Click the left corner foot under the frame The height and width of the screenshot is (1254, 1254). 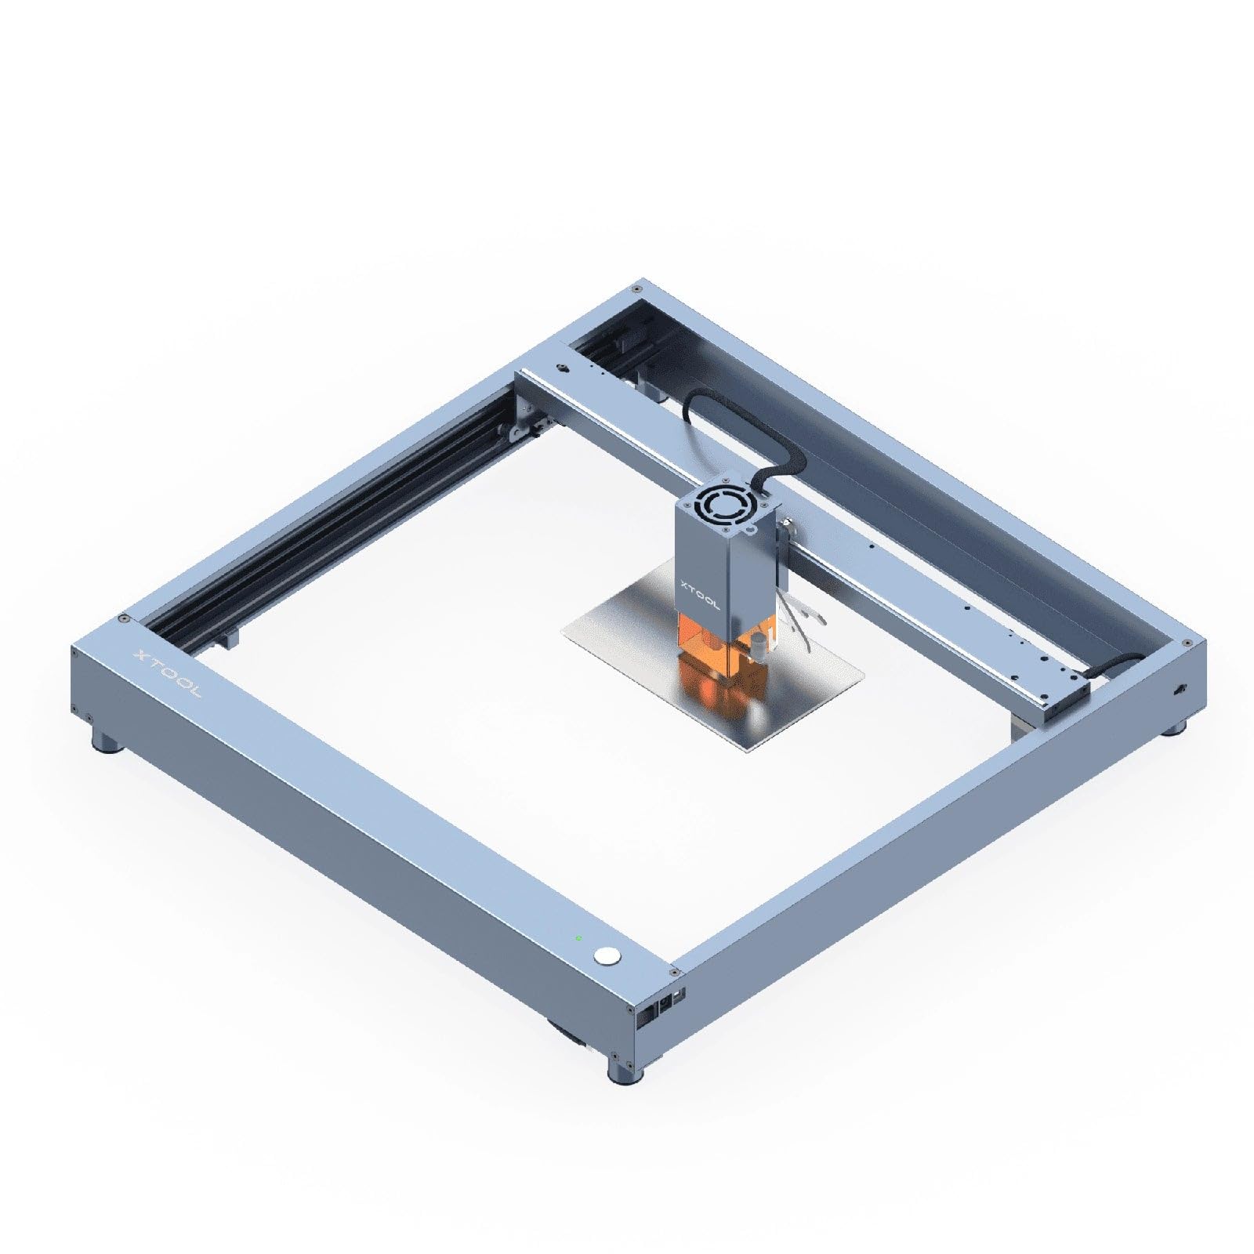pos(108,740)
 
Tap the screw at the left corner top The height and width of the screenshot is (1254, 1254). pos(124,619)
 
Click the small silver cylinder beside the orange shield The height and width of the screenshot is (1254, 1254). pos(758,647)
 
